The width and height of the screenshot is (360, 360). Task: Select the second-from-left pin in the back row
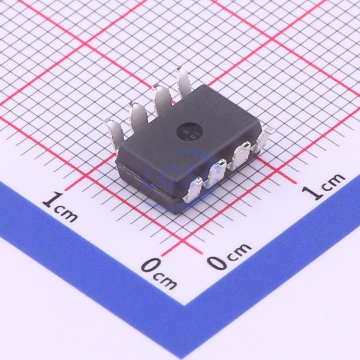[139, 117]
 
